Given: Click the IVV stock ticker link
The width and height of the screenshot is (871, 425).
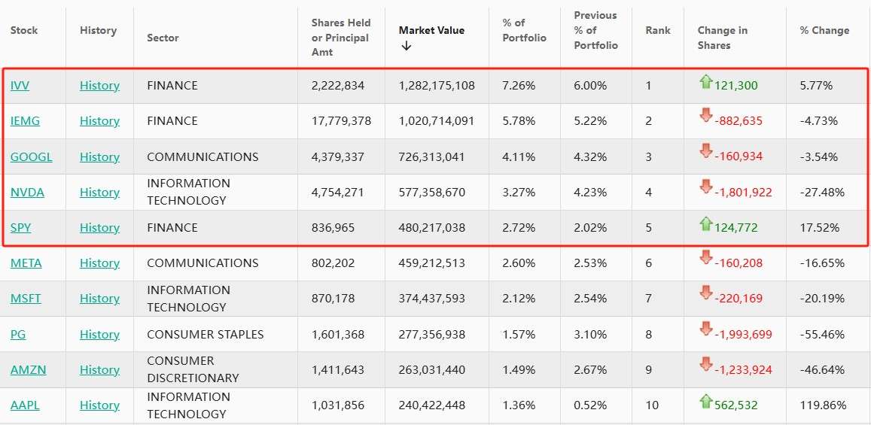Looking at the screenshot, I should (x=20, y=86).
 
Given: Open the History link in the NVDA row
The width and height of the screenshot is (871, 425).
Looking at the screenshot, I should (x=99, y=193).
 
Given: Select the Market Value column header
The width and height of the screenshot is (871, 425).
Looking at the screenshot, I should (x=431, y=31).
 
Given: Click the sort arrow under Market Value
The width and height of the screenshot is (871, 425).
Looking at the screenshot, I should (x=407, y=46).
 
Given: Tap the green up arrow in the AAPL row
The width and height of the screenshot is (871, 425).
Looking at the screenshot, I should (x=705, y=402).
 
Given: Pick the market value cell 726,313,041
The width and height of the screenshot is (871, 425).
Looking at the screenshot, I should (x=431, y=157).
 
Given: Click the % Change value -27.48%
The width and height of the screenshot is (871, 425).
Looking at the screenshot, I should (x=819, y=193).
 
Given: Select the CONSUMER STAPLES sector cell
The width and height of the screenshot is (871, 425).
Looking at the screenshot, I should (x=205, y=335).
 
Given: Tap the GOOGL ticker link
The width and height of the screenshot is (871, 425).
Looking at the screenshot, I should (x=32, y=157).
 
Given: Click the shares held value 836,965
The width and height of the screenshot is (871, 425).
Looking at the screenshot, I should (x=337, y=228).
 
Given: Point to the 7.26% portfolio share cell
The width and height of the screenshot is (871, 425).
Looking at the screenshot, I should (x=519, y=86).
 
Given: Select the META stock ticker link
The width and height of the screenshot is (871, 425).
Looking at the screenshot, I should (x=26, y=263).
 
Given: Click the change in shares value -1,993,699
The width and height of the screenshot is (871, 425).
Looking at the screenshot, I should (x=743, y=335).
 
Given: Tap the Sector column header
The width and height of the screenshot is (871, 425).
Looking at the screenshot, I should (x=163, y=38).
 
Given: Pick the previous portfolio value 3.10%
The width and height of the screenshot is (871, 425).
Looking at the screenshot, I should (x=589, y=335).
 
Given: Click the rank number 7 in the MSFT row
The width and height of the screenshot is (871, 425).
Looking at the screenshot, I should (x=648, y=299).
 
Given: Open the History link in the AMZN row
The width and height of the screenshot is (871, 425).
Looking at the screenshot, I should (x=99, y=370).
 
